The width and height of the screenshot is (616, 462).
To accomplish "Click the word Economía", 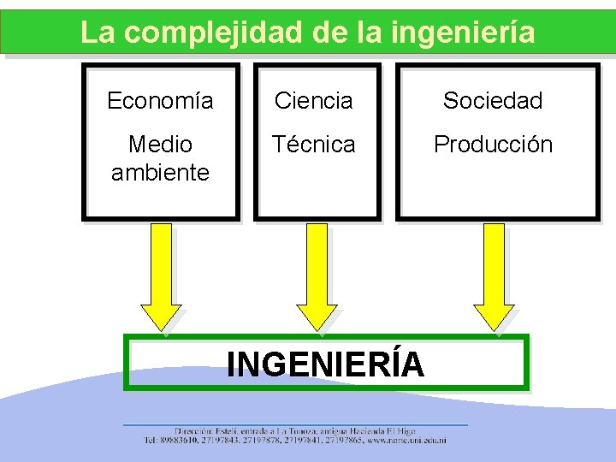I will click(x=160, y=101).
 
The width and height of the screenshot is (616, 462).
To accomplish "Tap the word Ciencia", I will click(x=313, y=101).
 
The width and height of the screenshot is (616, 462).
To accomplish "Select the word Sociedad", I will click(x=493, y=101).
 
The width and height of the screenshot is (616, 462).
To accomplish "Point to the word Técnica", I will click(x=314, y=144).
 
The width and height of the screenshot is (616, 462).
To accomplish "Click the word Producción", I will click(x=493, y=144).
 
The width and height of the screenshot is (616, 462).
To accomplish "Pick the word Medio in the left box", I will click(x=160, y=144).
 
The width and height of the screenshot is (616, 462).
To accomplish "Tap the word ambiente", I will click(x=160, y=172).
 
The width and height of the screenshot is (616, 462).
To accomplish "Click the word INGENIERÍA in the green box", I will click(x=325, y=364).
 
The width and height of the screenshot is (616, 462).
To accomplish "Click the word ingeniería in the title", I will click(x=463, y=33).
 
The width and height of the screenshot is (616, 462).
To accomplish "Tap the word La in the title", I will click(x=96, y=33).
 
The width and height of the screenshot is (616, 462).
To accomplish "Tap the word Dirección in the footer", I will click(x=196, y=431).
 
